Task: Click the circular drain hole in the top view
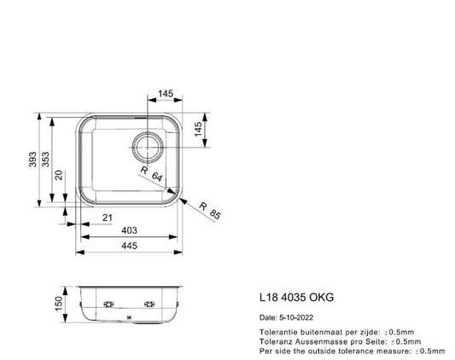146,146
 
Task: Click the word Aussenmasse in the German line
320,340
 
